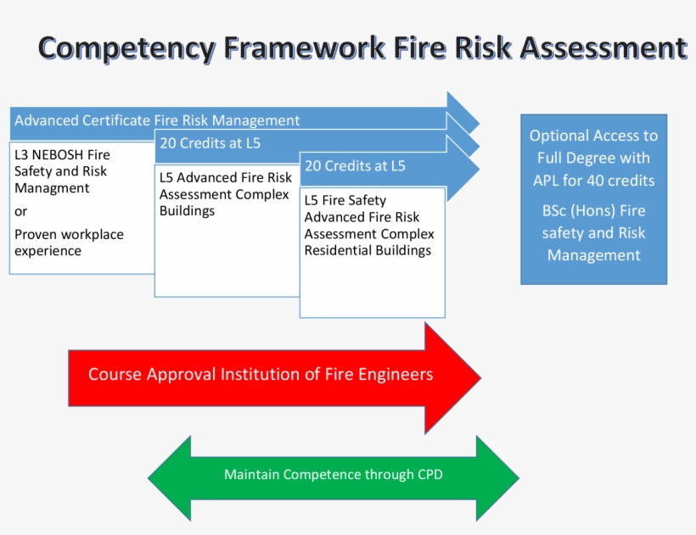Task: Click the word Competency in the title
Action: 126,48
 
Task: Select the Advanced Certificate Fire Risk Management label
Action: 157,120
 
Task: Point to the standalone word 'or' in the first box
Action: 21,211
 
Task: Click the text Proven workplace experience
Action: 68,242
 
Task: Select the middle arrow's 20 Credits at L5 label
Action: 210,143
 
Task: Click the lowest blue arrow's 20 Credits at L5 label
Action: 355,166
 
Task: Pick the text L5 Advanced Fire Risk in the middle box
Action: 225,177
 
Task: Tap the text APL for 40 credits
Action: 593,180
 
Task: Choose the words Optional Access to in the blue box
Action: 593,136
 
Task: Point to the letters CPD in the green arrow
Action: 429,475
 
